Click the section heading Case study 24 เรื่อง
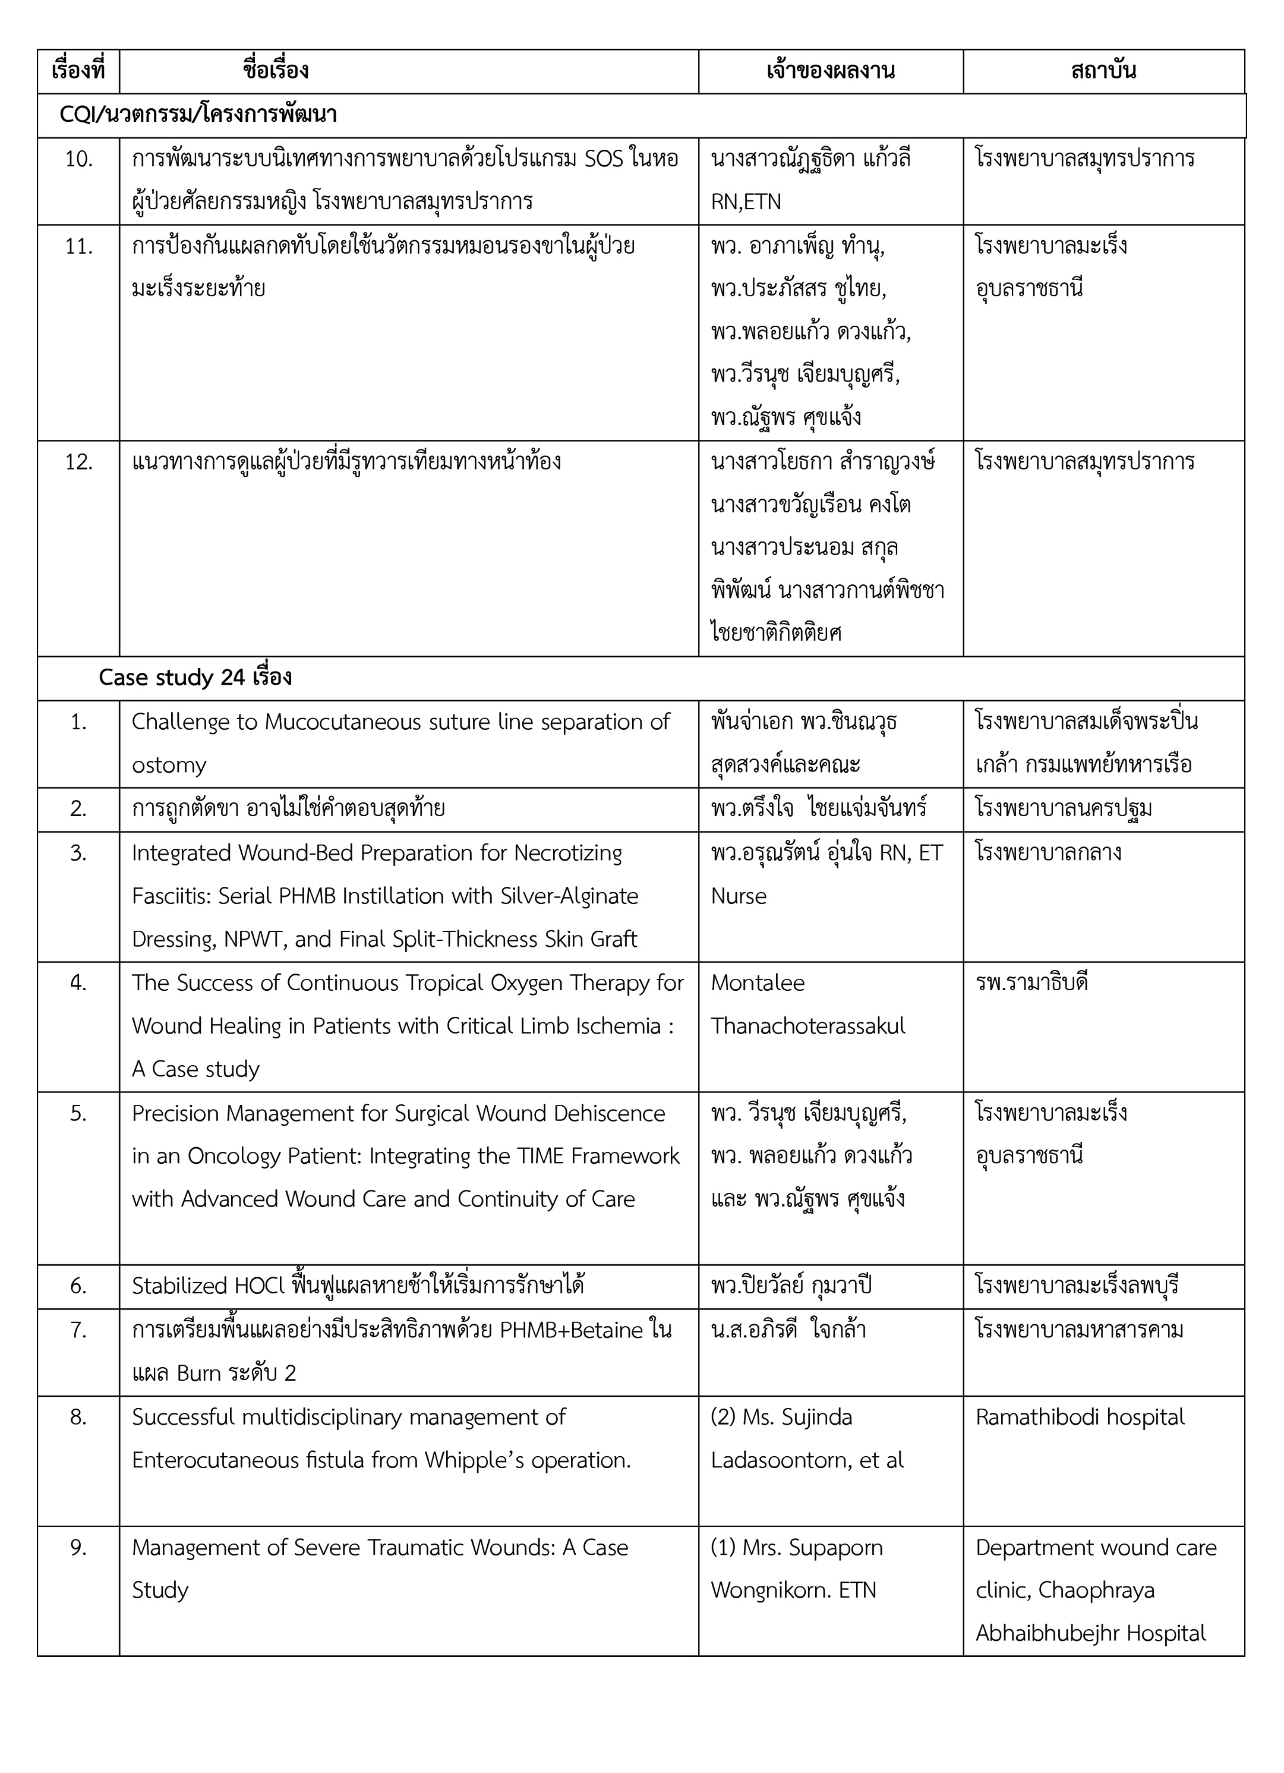pyautogui.click(x=195, y=677)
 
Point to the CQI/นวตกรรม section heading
pyautogui.click(x=198, y=115)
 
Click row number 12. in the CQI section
pyautogui.click(x=78, y=462)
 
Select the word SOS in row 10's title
pyautogui.click(x=603, y=159)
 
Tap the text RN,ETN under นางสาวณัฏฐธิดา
pyautogui.click(x=746, y=201)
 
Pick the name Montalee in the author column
pyautogui.click(x=758, y=982)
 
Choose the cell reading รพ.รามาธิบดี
pyautogui.click(x=1031, y=982)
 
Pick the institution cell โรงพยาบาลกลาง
pyautogui.click(x=1048, y=852)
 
